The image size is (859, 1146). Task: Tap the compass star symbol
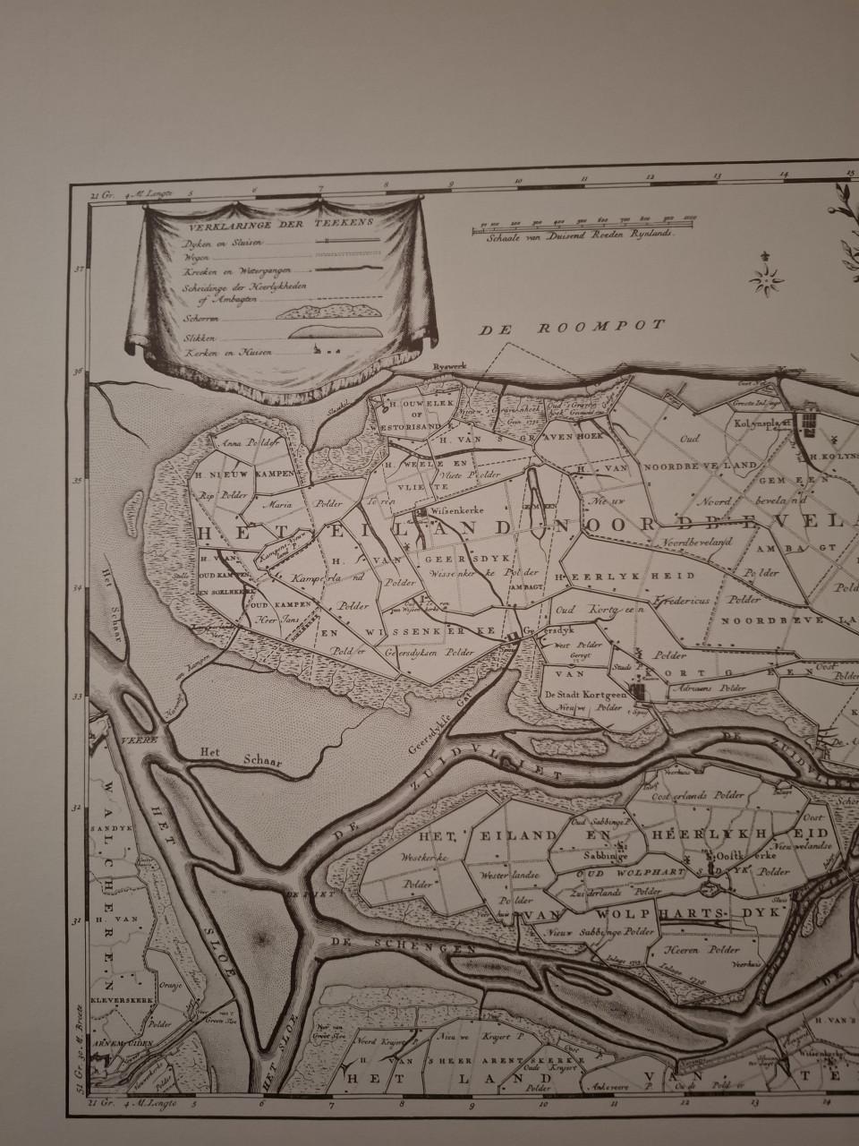pos(767,280)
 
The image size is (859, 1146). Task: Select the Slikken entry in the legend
pos(199,334)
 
